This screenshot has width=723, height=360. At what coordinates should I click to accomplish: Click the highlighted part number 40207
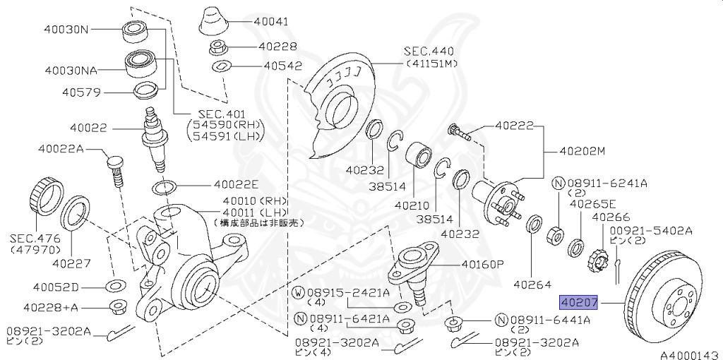pyautogui.click(x=578, y=303)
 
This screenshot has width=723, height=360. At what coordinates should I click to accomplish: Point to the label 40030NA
pyautogui.click(x=71, y=71)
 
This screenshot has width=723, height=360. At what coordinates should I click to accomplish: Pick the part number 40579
pyautogui.click(x=81, y=92)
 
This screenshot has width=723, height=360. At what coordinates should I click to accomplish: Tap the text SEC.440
pyautogui.click(x=429, y=52)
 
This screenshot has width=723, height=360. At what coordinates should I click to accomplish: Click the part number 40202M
pyautogui.click(x=582, y=150)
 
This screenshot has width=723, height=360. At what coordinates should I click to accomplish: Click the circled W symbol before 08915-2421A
pyautogui.click(x=298, y=292)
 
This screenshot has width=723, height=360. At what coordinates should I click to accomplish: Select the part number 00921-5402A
pyautogui.click(x=651, y=231)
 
